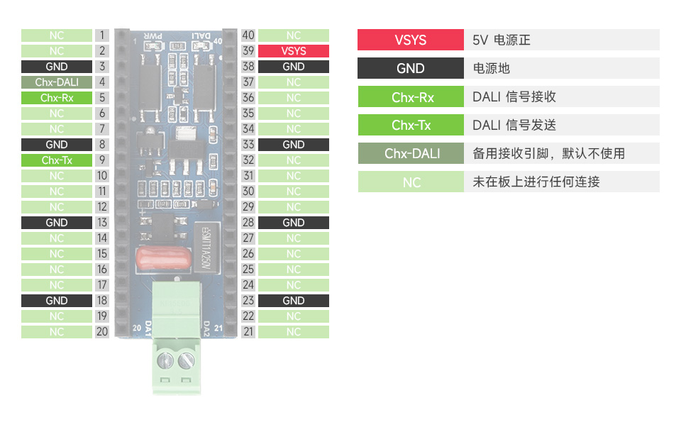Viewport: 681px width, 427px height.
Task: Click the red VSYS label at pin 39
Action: click(294, 51)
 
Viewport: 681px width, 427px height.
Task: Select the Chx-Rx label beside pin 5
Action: click(57, 98)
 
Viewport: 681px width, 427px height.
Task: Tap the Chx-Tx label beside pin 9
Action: click(57, 160)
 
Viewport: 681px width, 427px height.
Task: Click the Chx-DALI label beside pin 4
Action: click(57, 82)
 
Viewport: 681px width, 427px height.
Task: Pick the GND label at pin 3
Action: click(57, 67)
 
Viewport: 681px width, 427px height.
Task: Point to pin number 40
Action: click(248, 35)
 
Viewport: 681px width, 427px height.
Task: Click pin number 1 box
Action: click(102, 35)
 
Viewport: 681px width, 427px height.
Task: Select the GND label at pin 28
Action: click(294, 223)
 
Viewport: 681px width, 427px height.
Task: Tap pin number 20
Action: click(102, 332)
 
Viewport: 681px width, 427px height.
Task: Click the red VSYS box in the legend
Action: click(411, 40)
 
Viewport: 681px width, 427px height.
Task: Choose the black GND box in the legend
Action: click(411, 68)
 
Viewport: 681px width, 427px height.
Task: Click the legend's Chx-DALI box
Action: click(411, 153)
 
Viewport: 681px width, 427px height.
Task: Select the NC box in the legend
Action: click(411, 182)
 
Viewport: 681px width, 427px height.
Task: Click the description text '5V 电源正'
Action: click(502, 40)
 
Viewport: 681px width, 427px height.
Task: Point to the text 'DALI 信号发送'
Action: click(514, 125)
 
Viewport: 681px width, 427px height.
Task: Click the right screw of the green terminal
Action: click(187, 361)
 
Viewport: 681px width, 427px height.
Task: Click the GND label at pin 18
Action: click(57, 301)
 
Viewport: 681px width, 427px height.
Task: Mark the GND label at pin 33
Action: click(294, 145)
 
